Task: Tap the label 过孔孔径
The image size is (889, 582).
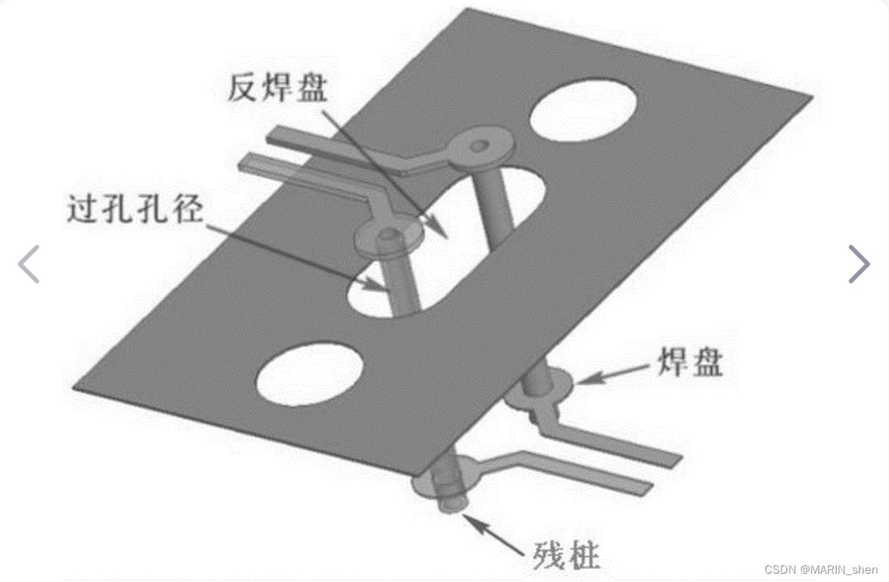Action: click(x=135, y=209)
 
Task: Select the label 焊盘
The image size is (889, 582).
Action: click(x=688, y=364)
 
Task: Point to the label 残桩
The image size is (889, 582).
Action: click(x=565, y=557)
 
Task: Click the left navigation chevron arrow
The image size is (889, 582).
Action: click(x=29, y=264)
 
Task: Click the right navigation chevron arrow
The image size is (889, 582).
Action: click(x=859, y=264)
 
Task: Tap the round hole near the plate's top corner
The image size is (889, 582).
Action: click(x=584, y=112)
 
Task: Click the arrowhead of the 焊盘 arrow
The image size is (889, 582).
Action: click(x=582, y=379)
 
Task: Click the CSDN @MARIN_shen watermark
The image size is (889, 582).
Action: click(x=821, y=569)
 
